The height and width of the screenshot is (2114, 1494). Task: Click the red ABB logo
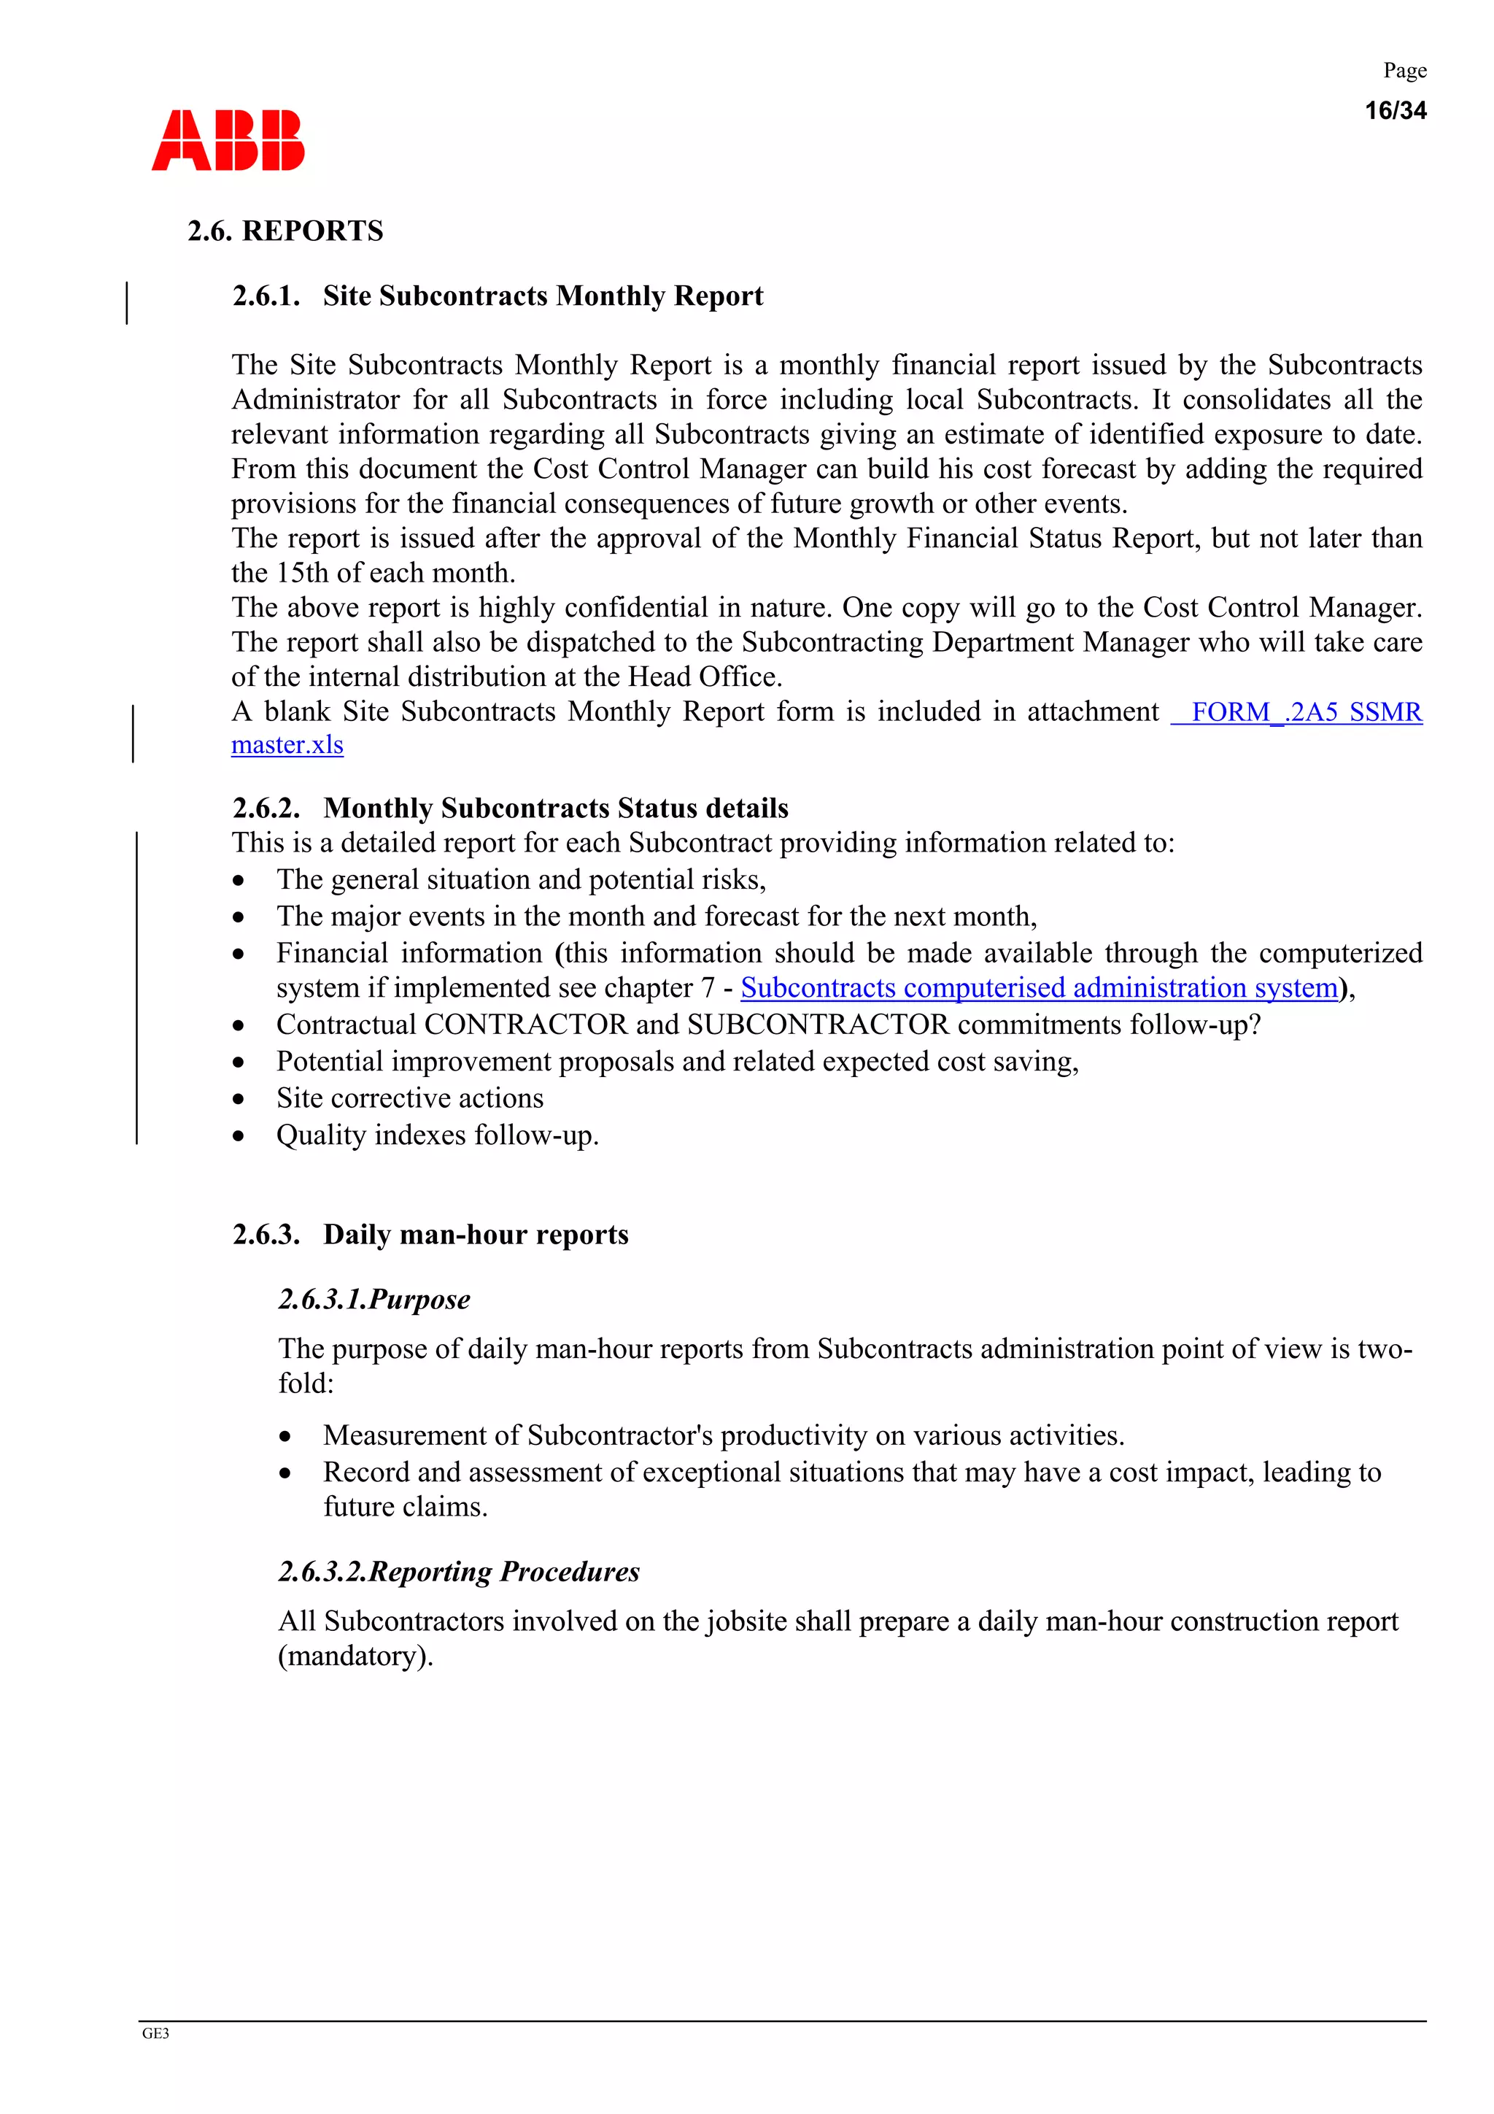[x=228, y=141]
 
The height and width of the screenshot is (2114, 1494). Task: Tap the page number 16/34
[x=1395, y=110]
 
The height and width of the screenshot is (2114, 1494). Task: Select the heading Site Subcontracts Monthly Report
[x=542, y=296]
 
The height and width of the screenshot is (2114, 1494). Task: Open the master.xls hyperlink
[x=287, y=745]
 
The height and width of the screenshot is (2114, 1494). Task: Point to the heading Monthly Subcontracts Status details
[x=555, y=808]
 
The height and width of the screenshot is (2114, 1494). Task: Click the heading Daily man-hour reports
[x=475, y=1234]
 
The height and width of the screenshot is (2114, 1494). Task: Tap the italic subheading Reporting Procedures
[x=503, y=1571]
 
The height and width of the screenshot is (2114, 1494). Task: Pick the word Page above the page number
[x=1405, y=71]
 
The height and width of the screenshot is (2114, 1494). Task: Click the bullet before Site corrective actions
[x=239, y=1098]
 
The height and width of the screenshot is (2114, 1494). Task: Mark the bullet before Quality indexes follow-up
[x=239, y=1135]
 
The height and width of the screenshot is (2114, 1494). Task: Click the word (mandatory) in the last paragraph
[x=355, y=1656]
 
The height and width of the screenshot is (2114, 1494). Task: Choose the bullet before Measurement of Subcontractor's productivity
[x=285, y=1436]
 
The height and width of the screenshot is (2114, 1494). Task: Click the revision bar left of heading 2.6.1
[x=127, y=303]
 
